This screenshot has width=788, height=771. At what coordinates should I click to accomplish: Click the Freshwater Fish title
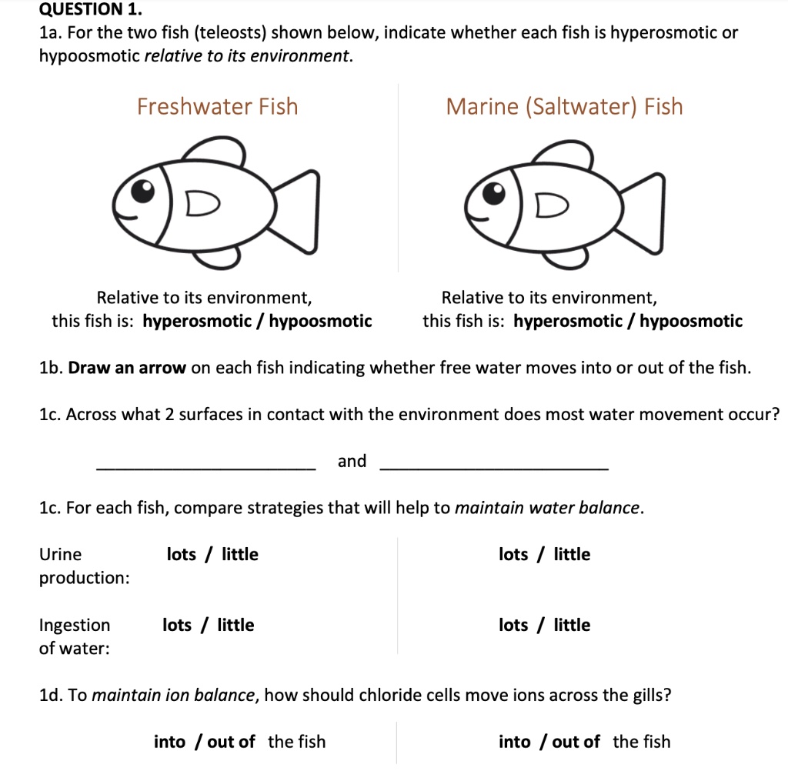tap(217, 106)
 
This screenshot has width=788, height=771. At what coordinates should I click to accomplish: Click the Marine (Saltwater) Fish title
tap(564, 106)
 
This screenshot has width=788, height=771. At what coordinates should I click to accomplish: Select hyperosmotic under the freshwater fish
tap(191, 321)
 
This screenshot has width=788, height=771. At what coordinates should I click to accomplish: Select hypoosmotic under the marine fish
tap(691, 321)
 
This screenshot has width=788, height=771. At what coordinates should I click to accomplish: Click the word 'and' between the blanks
tap(352, 461)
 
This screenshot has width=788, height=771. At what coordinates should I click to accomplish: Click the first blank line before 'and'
tap(205, 466)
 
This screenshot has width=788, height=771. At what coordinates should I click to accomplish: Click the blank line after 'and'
tap(494, 466)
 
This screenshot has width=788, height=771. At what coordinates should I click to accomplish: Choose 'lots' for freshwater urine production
tap(182, 554)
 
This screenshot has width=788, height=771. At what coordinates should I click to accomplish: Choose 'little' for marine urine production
tap(572, 554)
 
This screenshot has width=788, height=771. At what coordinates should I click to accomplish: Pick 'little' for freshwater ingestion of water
tap(235, 625)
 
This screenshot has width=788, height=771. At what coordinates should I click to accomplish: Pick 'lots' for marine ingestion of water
tap(513, 625)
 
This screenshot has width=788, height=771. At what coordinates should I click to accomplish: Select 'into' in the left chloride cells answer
tap(169, 742)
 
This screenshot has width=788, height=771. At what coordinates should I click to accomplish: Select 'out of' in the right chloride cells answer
tap(576, 742)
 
